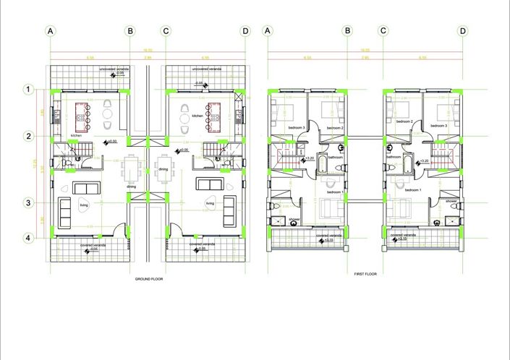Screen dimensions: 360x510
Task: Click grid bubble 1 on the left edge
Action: (x=28, y=89)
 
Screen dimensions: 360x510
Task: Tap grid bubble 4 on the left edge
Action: (x=28, y=238)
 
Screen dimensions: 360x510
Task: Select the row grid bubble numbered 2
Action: (x=28, y=136)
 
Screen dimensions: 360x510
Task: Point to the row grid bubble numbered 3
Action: (x=28, y=203)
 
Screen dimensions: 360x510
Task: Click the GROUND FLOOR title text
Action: (x=148, y=278)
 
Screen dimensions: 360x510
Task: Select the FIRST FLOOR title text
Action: (x=365, y=274)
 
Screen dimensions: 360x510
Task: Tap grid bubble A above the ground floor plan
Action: (x=50, y=31)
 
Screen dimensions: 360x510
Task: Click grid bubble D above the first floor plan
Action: (x=463, y=31)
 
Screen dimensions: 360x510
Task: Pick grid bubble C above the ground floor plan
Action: (x=166, y=31)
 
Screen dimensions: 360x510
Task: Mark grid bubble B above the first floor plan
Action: (x=348, y=31)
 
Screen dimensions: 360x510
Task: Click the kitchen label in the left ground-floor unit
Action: (x=76, y=135)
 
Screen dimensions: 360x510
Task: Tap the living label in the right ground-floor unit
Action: (x=210, y=204)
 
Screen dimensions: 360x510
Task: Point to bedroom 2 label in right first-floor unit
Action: (x=404, y=121)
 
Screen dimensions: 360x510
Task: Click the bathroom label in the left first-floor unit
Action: (x=334, y=157)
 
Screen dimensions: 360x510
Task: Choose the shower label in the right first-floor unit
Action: (x=451, y=200)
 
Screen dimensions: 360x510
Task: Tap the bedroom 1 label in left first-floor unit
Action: (x=335, y=192)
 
